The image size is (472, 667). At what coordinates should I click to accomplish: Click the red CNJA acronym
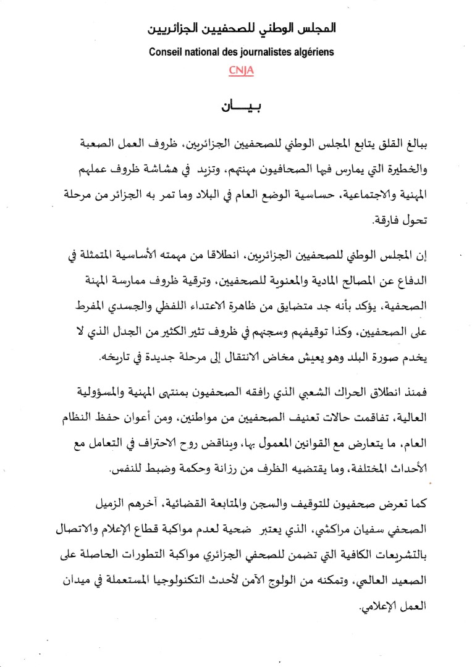coord(241,70)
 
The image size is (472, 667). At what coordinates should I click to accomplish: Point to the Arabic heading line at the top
coord(242,29)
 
